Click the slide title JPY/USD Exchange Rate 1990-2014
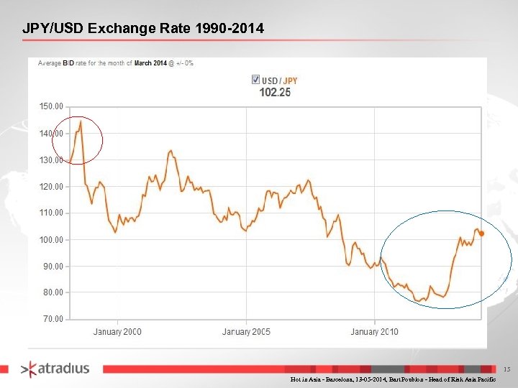click(x=143, y=29)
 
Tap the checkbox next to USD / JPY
click(x=255, y=79)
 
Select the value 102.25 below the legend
click(x=275, y=92)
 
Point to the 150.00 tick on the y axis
click(x=50, y=106)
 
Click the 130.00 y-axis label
click(x=50, y=160)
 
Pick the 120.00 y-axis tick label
click(x=50, y=186)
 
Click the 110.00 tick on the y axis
click(x=50, y=213)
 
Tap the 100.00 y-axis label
click(x=50, y=239)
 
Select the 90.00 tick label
click(x=52, y=266)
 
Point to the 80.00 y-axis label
click(x=52, y=292)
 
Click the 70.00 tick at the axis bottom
click(x=52, y=318)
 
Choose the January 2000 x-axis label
click(x=117, y=331)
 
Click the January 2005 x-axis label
click(x=246, y=331)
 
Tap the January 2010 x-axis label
click(x=374, y=331)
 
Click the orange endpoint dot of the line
click(x=481, y=234)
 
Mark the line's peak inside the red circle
click(x=81, y=121)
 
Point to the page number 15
click(x=506, y=369)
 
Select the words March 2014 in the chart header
click(x=150, y=63)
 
